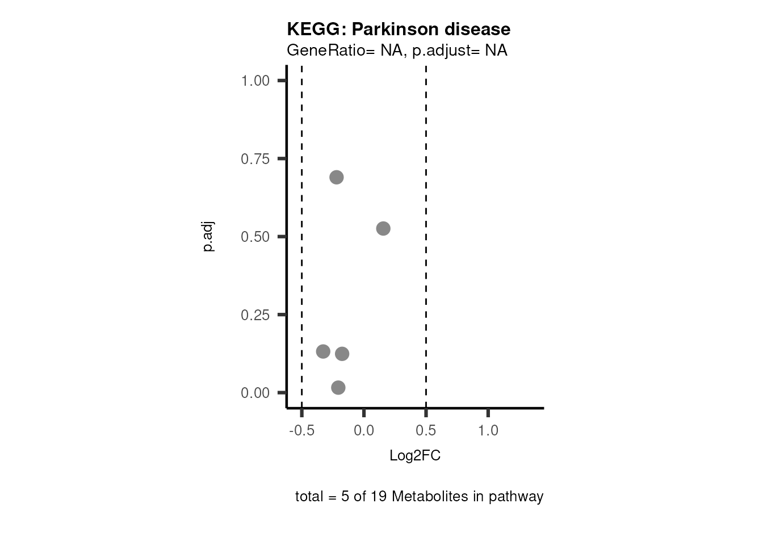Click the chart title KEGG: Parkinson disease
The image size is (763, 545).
click(399, 29)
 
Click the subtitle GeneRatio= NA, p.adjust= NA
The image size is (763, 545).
click(397, 51)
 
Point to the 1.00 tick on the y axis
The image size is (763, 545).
click(255, 81)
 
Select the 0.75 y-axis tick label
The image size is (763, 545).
click(255, 159)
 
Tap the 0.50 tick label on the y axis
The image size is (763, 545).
click(255, 237)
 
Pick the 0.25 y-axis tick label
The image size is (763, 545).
click(255, 315)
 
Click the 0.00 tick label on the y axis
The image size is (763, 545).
click(255, 393)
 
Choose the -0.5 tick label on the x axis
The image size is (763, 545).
click(301, 430)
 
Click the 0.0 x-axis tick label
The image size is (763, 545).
click(364, 430)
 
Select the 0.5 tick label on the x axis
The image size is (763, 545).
click(426, 430)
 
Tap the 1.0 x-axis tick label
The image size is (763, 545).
click(488, 430)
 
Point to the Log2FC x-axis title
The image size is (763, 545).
click(415, 456)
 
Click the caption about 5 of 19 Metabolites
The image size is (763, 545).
click(419, 497)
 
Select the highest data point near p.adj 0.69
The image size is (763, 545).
click(337, 177)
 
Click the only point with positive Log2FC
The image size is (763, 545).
click(383, 229)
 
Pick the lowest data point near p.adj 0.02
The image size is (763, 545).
click(338, 388)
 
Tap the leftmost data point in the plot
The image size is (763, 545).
click(323, 351)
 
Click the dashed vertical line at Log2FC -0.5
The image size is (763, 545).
click(301, 255)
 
